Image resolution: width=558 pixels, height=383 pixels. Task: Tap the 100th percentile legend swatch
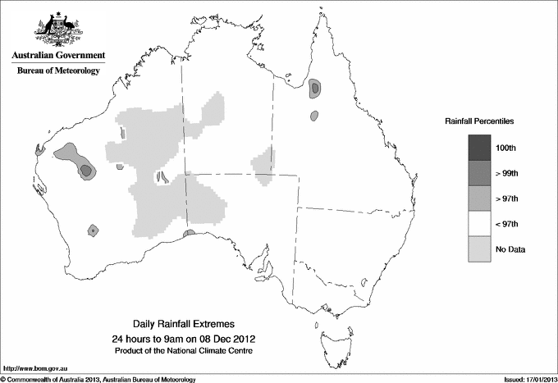pyautogui.click(x=480, y=148)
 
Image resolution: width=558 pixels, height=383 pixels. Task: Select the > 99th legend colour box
pyautogui.click(x=480, y=173)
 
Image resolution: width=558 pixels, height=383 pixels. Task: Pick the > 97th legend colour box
pyautogui.click(x=480, y=198)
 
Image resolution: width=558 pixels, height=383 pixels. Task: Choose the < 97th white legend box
pyautogui.click(x=480, y=224)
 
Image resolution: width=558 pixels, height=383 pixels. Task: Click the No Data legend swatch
pyautogui.click(x=480, y=249)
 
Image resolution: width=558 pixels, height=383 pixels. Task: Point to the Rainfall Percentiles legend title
pyautogui.click(x=479, y=121)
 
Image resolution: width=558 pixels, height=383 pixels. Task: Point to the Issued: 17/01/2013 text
pyautogui.click(x=525, y=378)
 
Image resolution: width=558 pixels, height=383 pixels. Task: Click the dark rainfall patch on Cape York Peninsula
pyautogui.click(x=315, y=89)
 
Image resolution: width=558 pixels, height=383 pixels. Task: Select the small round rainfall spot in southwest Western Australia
pyautogui.click(x=94, y=230)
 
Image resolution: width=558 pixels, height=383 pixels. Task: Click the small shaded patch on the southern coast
pyautogui.click(x=189, y=234)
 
